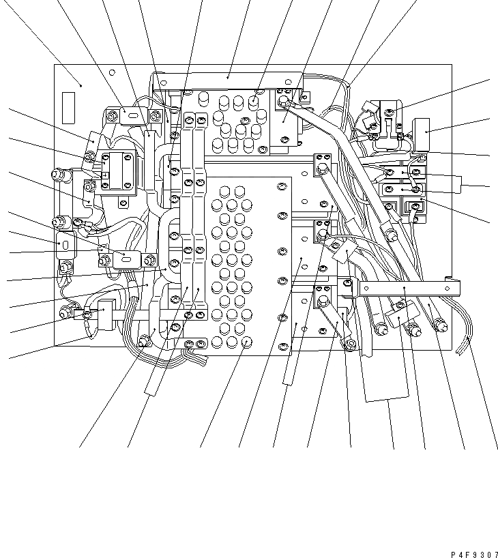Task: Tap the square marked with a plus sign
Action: [105, 176]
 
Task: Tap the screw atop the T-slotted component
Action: [389, 111]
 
